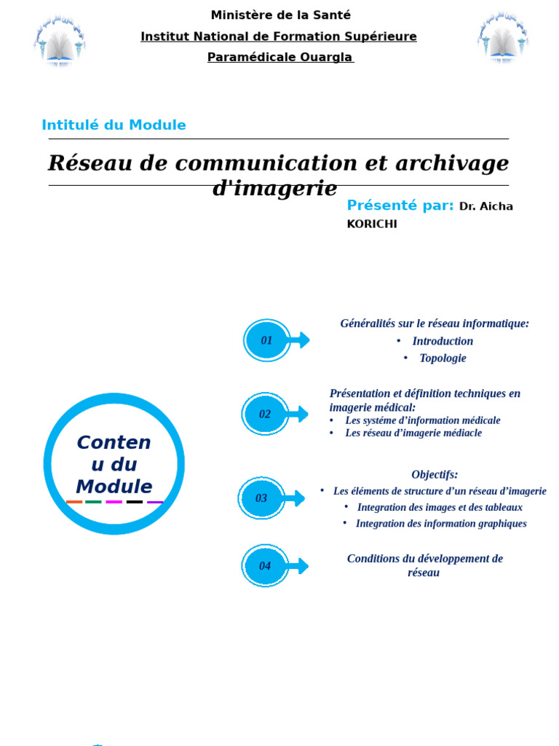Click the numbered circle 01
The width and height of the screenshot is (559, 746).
tap(266, 340)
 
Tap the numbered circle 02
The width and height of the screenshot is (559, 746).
tap(265, 414)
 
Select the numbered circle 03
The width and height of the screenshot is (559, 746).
tap(261, 498)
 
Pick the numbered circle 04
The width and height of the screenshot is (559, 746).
tap(265, 566)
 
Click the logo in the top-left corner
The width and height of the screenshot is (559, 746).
tap(60, 41)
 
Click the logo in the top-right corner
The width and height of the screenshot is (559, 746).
tap(502, 39)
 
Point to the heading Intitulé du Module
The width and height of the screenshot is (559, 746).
tap(114, 125)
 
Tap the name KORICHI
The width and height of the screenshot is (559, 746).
tap(372, 224)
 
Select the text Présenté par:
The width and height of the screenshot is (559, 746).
tap(400, 205)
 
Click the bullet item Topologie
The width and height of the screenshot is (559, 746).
tap(443, 358)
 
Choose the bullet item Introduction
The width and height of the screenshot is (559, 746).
tap(443, 341)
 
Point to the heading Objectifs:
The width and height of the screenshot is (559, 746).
tap(435, 475)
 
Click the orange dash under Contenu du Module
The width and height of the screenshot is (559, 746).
tap(74, 502)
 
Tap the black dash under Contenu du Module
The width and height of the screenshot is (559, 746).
tap(135, 502)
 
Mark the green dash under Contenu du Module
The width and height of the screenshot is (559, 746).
tap(93, 502)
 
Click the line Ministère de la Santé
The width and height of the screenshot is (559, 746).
tap(280, 15)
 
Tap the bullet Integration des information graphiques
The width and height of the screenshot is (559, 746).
tap(441, 524)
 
